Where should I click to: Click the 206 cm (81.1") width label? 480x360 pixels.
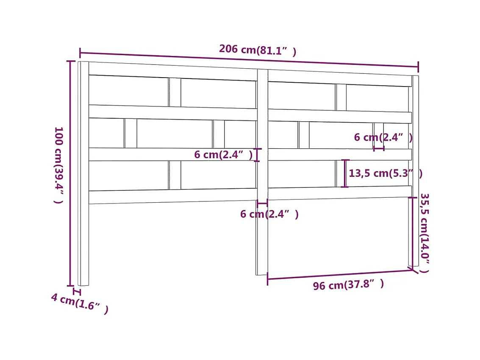click(257, 50)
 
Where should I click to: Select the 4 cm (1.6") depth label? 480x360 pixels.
click(80, 304)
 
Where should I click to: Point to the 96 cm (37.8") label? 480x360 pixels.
click(348, 285)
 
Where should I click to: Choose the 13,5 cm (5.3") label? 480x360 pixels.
click(385, 173)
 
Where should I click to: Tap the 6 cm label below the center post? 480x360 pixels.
click(269, 214)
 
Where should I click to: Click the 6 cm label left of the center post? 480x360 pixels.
click(223, 155)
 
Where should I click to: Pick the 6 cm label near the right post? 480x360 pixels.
click(383, 137)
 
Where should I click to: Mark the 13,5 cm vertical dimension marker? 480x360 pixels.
click(345, 173)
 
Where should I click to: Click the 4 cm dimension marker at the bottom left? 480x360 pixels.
click(77, 292)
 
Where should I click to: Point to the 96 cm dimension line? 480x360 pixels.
click(339, 274)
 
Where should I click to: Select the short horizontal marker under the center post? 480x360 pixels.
click(262, 204)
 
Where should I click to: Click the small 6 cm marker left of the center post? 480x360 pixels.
click(258, 155)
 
